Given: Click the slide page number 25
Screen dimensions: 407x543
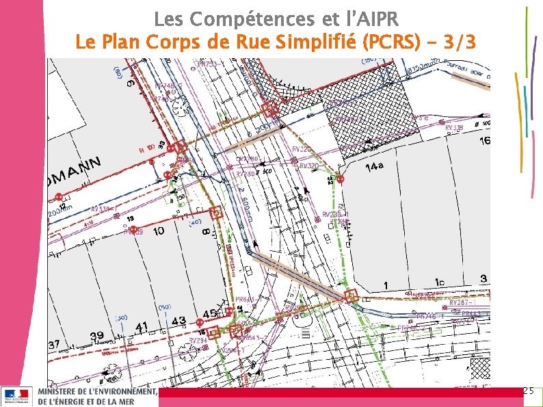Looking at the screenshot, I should (528, 391).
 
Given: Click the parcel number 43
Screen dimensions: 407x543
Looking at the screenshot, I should (178, 321).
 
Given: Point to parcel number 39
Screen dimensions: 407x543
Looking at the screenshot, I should (96, 334).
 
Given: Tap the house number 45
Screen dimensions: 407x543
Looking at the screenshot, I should (211, 314).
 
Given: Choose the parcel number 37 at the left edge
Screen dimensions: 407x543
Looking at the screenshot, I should (54, 343).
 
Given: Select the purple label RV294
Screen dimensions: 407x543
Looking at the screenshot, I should (198, 340).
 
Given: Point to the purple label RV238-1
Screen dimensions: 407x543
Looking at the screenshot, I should (336, 215).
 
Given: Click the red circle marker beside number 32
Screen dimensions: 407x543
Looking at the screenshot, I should (341, 179).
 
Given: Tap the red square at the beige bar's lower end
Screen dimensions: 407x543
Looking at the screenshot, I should (352, 296).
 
